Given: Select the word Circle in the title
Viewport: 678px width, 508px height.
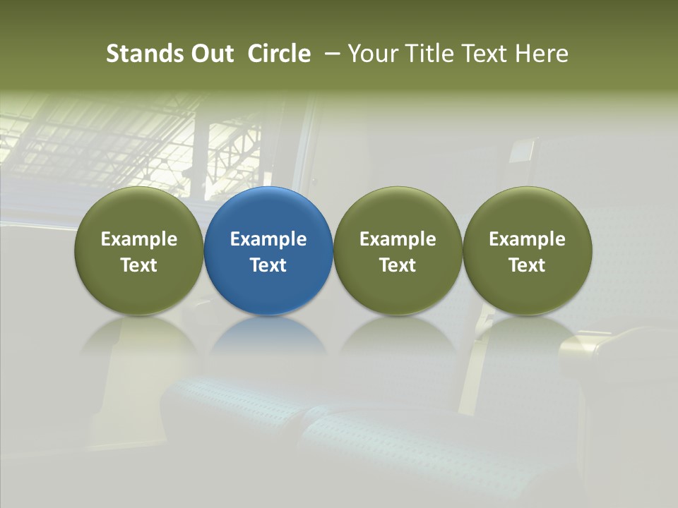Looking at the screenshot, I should tap(279, 54).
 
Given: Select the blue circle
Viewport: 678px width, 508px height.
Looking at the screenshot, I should tap(268, 250).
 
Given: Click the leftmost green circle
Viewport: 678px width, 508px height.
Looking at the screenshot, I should tap(139, 250).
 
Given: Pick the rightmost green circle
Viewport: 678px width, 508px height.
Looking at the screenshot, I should tap(527, 250).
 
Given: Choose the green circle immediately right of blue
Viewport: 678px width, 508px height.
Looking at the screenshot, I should tap(398, 250).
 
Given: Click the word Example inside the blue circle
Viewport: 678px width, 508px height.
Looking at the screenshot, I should tap(268, 239).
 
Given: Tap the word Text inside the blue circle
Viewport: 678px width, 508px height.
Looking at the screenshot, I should tap(268, 265).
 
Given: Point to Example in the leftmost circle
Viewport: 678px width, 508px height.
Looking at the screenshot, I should tap(139, 239).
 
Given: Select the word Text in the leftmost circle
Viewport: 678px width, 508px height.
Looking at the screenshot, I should tap(139, 265).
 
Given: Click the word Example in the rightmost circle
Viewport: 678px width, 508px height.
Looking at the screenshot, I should tap(527, 239).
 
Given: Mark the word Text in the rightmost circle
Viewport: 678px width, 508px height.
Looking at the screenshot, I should tap(527, 265).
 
